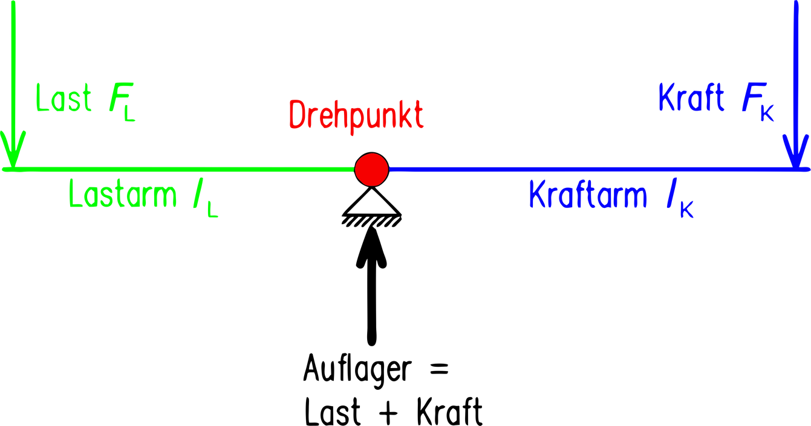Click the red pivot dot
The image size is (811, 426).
click(x=371, y=170)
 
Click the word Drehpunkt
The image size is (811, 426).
click(x=356, y=115)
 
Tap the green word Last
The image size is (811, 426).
click(x=64, y=98)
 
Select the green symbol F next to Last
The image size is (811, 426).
click(x=116, y=99)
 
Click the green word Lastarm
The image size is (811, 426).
click(x=123, y=195)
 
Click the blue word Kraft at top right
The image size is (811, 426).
click(x=691, y=98)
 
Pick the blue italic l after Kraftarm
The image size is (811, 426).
click(x=670, y=196)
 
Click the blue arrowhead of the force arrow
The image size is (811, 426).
click(x=796, y=151)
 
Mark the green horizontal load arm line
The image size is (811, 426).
click(x=181, y=169)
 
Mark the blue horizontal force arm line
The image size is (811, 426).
click(x=593, y=169)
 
